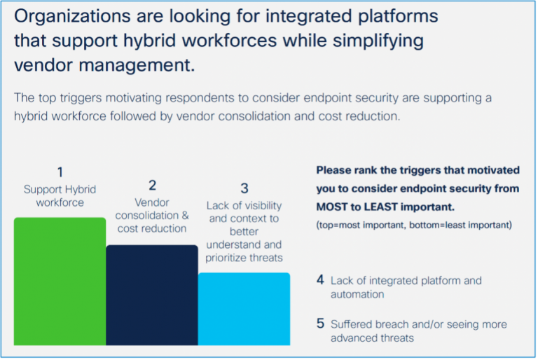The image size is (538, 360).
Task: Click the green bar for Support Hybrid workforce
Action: [60, 281]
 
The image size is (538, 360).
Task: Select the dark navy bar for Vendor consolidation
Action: [151, 294]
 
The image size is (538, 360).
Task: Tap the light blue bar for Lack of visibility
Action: [244, 308]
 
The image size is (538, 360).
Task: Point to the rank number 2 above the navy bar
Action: [152, 186]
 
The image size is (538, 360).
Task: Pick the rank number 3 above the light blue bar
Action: [244, 188]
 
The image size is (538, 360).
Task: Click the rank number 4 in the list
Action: [320, 280]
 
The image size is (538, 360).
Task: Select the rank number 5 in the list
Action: [320, 324]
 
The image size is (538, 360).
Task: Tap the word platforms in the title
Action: [393, 15]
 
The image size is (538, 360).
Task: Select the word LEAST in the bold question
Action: [392, 207]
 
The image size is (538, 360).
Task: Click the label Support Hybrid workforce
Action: [60, 195]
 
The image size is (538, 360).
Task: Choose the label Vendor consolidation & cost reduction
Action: [152, 215]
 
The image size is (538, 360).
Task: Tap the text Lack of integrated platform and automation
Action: [406, 287]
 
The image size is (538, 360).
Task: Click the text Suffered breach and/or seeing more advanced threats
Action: [418, 331]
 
